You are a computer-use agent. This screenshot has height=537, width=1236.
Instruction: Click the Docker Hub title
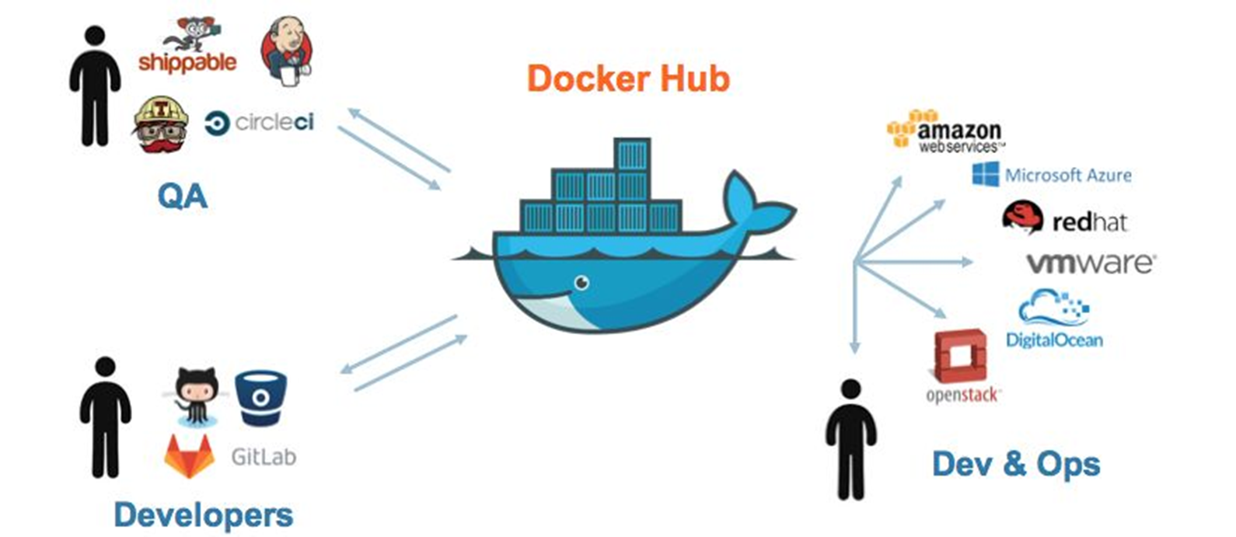pyautogui.click(x=628, y=79)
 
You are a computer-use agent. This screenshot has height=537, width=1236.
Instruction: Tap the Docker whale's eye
pyautogui.click(x=581, y=283)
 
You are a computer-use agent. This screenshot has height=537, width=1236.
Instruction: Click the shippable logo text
pyautogui.click(x=187, y=62)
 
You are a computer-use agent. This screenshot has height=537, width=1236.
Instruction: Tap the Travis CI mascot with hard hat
pyautogui.click(x=161, y=124)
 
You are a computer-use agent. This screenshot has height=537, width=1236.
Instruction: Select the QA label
pyautogui.click(x=183, y=196)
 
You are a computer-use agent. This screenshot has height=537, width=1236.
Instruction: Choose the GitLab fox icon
pyautogui.click(x=189, y=456)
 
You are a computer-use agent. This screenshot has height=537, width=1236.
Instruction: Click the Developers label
pyautogui.click(x=204, y=515)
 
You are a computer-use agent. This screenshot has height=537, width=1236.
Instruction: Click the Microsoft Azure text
pyautogui.click(x=1068, y=176)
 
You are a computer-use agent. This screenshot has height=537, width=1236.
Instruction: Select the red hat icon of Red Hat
pyautogui.click(x=1022, y=217)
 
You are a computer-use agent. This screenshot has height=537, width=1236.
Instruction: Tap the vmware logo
pyautogui.click(x=1091, y=263)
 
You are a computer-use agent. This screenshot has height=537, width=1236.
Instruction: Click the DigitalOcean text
pyautogui.click(x=1054, y=340)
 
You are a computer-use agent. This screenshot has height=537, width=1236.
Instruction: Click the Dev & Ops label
pyautogui.click(x=1016, y=464)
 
